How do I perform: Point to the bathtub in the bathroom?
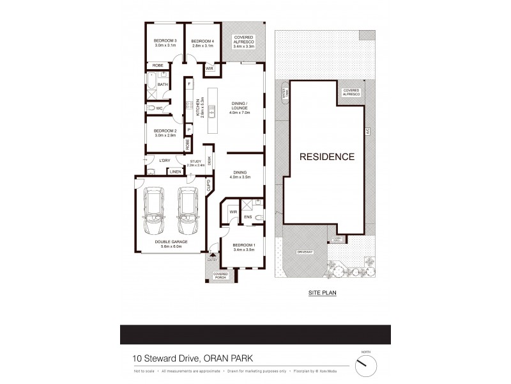tap(151, 84)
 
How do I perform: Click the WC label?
tap(159, 108)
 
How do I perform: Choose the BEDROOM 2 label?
tap(165, 132)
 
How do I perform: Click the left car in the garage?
tap(154, 212)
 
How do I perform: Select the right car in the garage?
tap(188, 212)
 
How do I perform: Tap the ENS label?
tap(248, 218)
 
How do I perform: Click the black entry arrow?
tap(213, 254)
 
